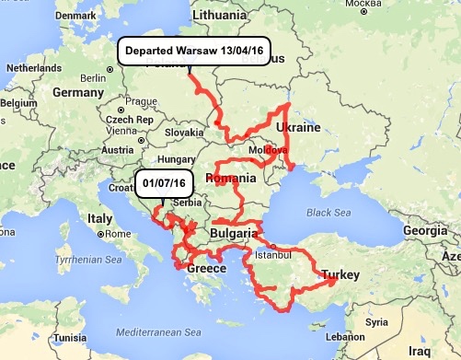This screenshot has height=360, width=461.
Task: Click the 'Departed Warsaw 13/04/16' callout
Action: pyautogui.click(x=194, y=51)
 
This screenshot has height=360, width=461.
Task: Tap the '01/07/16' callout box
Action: pyautogui.click(x=164, y=183)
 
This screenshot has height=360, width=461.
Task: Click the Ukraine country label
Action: pyautogui.click(x=298, y=127)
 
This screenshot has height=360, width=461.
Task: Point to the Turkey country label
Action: pyautogui.click(x=340, y=273)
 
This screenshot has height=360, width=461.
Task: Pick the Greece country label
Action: pyautogui.click(x=206, y=268)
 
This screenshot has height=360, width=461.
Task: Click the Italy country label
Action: pyautogui.click(x=98, y=218)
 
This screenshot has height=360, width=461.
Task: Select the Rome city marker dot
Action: pyautogui.click(x=100, y=234)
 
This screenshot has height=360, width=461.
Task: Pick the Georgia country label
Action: pyautogui.click(x=431, y=231)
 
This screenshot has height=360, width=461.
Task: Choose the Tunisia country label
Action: pyautogui.click(x=69, y=337)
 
